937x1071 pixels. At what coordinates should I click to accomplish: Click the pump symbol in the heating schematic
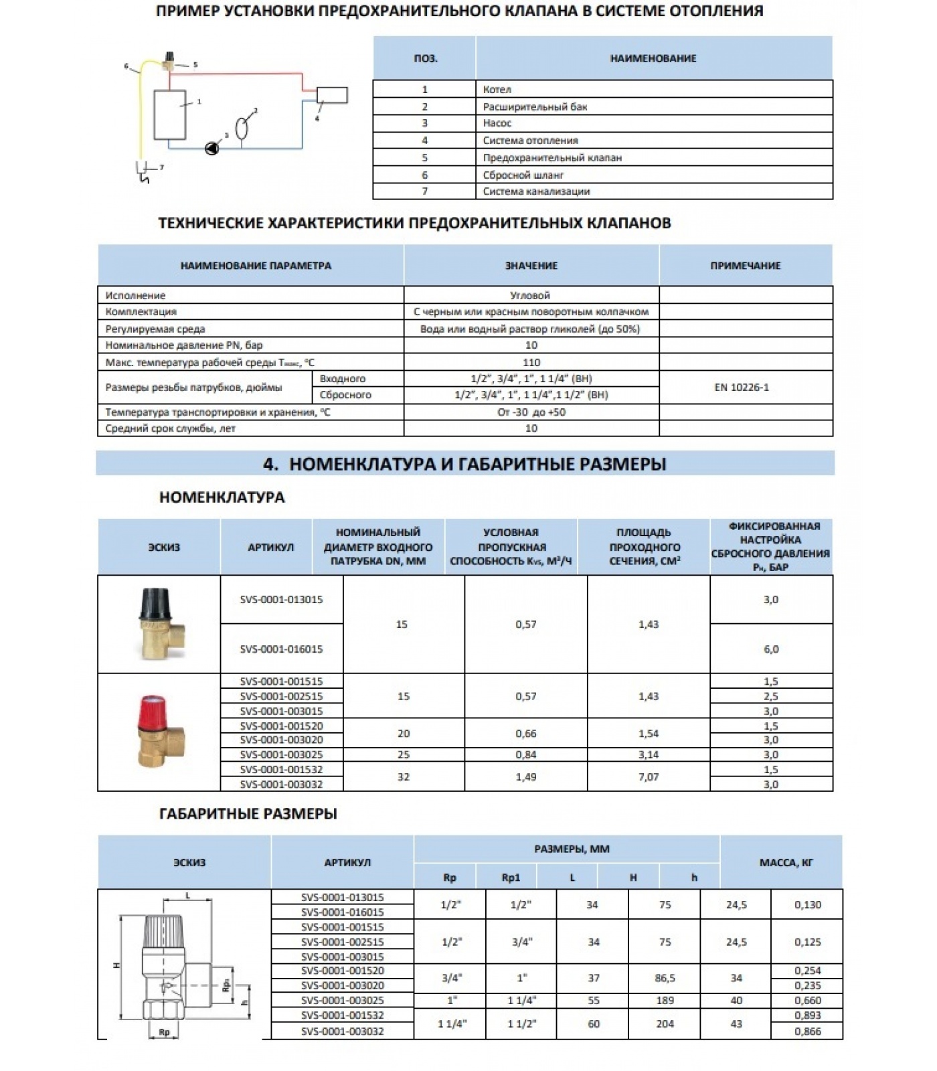211,148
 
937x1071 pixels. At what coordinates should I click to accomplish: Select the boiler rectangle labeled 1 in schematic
170,114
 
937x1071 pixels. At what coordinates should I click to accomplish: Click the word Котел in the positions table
497,89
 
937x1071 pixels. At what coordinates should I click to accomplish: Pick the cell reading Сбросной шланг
523,175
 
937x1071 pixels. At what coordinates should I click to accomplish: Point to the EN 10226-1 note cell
742,387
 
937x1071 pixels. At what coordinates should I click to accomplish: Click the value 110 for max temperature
531,362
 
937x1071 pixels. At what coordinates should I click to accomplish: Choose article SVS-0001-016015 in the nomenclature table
281,649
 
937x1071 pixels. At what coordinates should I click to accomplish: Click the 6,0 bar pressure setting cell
771,649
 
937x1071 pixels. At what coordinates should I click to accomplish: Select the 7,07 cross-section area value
648,776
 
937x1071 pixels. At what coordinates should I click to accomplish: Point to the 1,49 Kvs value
526,776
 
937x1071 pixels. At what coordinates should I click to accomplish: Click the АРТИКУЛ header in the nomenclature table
270,547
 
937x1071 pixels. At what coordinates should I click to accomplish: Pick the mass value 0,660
808,1000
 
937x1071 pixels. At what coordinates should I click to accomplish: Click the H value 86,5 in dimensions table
665,978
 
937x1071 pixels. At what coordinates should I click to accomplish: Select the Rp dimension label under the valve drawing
164,1032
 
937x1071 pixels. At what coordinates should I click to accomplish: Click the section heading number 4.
270,464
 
